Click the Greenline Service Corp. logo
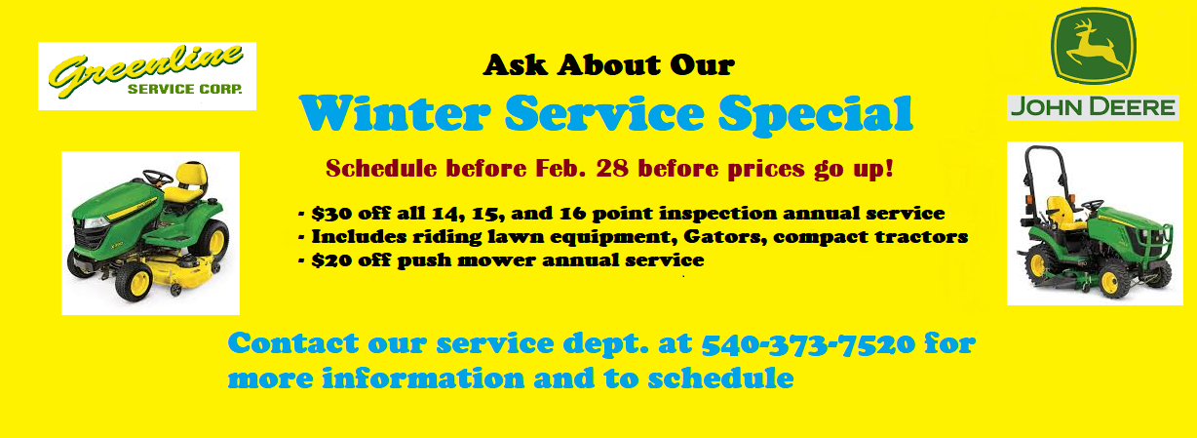146,76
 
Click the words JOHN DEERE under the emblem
1092,107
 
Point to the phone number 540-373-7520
807,344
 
